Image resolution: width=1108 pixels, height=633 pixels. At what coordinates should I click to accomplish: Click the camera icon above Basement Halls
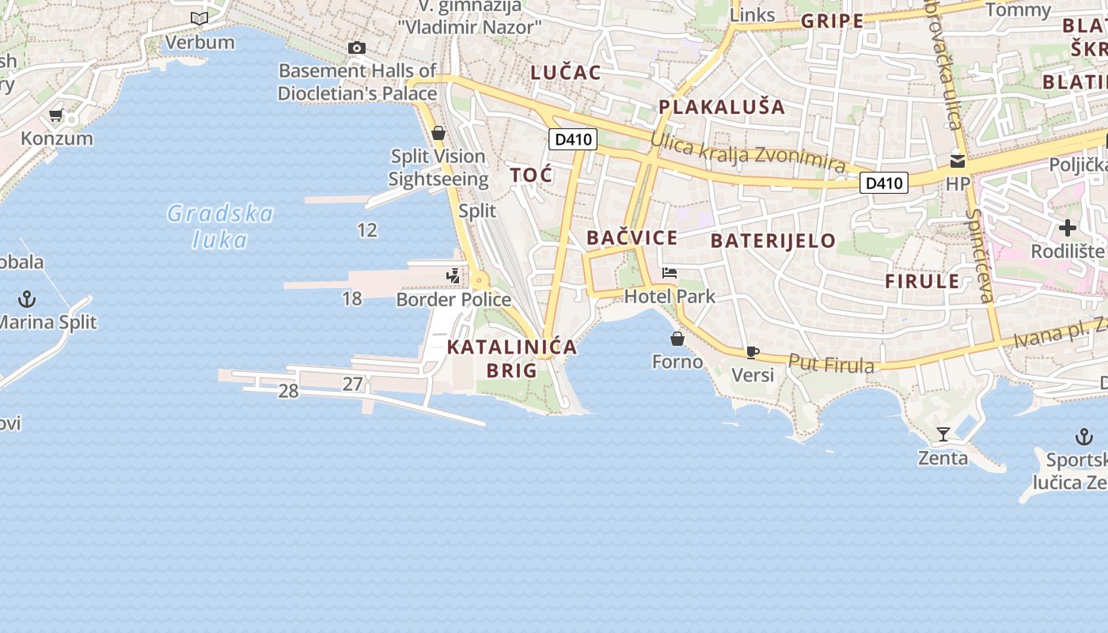tap(357, 47)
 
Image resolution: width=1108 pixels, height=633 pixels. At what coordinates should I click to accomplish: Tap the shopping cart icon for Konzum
tap(55, 116)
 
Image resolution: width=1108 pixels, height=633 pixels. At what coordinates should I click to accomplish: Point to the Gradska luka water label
tap(220, 226)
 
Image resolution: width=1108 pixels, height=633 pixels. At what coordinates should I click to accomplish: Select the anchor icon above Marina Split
tap(28, 299)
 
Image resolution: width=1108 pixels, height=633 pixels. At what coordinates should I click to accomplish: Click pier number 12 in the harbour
tap(367, 230)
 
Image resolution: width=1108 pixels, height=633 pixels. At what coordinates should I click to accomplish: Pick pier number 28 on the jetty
tap(288, 391)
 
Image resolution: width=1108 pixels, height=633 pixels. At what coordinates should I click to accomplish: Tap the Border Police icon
tap(453, 276)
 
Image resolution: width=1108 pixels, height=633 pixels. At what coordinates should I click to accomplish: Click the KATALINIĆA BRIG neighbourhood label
tap(512, 358)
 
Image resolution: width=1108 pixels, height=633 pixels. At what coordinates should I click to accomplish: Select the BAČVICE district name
tap(632, 237)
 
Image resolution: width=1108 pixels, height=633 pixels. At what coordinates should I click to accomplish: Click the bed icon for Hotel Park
tap(670, 273)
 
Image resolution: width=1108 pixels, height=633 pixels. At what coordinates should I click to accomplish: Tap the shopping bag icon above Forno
tap(677, 339)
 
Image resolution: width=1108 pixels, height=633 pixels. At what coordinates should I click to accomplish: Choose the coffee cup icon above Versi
tap(752, 352)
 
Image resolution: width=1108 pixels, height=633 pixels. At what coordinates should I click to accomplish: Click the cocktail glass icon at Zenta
tap(943, 434)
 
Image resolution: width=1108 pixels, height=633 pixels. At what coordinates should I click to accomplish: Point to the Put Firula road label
tap(831, 363)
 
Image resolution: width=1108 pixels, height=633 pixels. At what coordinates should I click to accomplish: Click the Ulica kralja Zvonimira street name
tap(748, 152)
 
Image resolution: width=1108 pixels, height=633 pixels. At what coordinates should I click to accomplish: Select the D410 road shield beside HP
tap(884, 184)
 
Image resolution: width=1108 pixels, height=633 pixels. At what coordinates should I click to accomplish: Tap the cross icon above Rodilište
tap(1068, 228)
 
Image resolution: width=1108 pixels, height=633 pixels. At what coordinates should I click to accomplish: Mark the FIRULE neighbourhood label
tap(922, 281)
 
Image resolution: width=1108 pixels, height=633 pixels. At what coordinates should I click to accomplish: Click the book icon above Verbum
tap(199, 18)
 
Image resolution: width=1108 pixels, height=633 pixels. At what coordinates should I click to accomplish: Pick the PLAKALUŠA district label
tap(722, 107)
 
